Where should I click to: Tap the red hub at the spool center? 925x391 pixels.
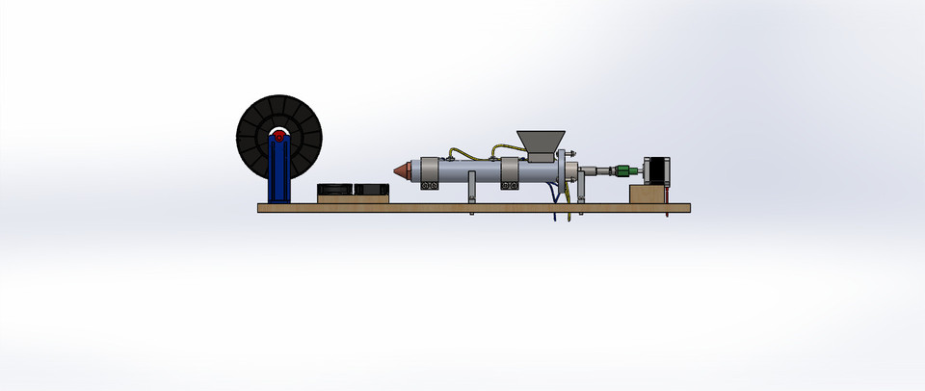coord(278,137)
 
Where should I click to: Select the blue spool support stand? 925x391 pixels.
coord(279,173)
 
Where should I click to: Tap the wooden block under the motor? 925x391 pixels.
coord(649,195)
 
